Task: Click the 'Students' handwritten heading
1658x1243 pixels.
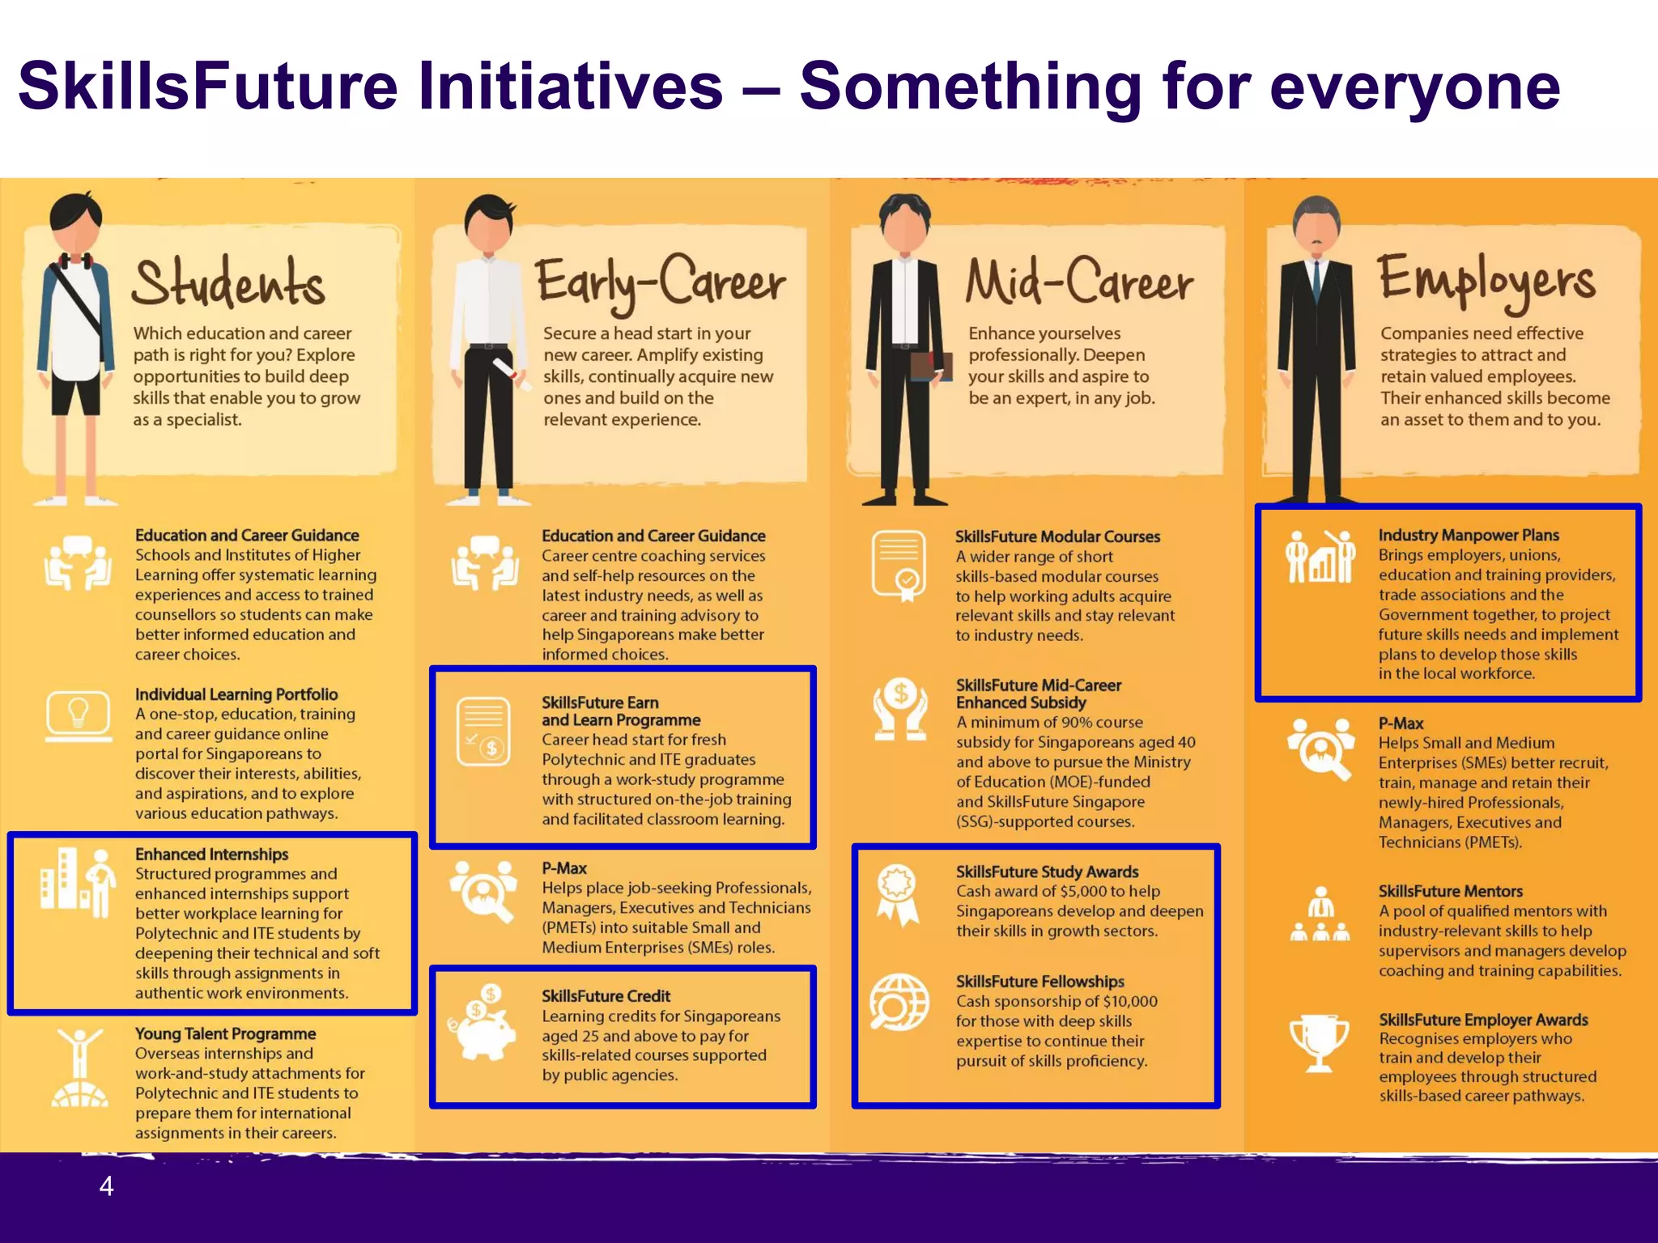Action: coord(229,283)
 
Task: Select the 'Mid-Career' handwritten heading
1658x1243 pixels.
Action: coord(1079,282)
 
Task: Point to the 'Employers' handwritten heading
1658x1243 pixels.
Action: coord(1486,280)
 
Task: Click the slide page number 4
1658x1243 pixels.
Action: coord(106,1186)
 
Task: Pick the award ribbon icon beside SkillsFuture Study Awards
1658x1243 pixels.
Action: coord(898,894)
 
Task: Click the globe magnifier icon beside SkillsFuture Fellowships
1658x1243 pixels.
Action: coord(899,1003)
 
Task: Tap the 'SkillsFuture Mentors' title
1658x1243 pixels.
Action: coord(1450,891)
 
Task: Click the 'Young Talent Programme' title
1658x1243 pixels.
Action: coord(225,1033)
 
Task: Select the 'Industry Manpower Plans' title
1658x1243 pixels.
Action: coord(1468,535)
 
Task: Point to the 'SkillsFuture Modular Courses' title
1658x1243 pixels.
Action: coord(1056,537)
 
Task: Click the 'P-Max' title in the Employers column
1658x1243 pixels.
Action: coord(1401,723)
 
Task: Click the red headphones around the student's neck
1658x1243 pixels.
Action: coord(72,261)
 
